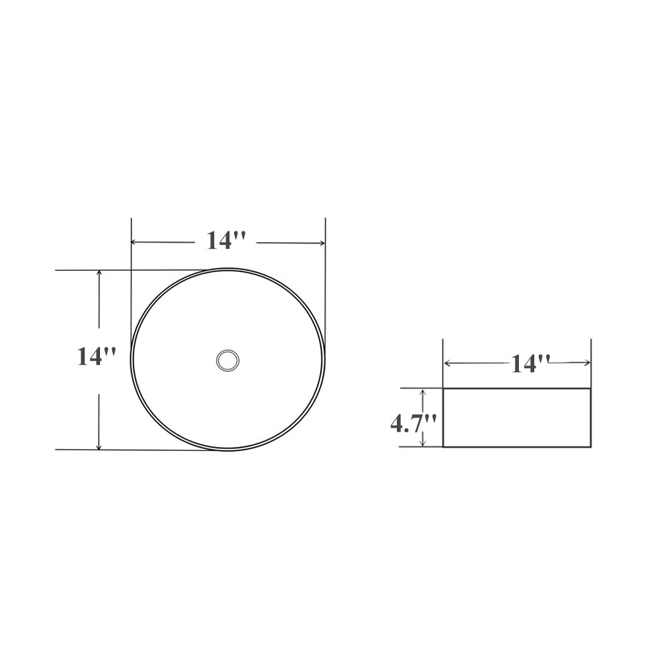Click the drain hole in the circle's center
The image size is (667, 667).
[x=227, y=361]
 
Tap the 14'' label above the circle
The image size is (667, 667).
[x=226, y=240]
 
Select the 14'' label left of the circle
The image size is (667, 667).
[x=96, y=356]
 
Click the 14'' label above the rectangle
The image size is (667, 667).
[x=530, y=364]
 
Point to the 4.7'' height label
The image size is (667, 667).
[x=414, y=424]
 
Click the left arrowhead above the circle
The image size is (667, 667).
[x=133, y=242]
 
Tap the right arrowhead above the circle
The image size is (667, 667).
[x=322, y=243]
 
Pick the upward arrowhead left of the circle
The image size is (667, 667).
[x=99, y=273]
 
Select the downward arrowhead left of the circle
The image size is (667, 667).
[x=99, y=446]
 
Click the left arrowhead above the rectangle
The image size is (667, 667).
[x=448, y=363]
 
